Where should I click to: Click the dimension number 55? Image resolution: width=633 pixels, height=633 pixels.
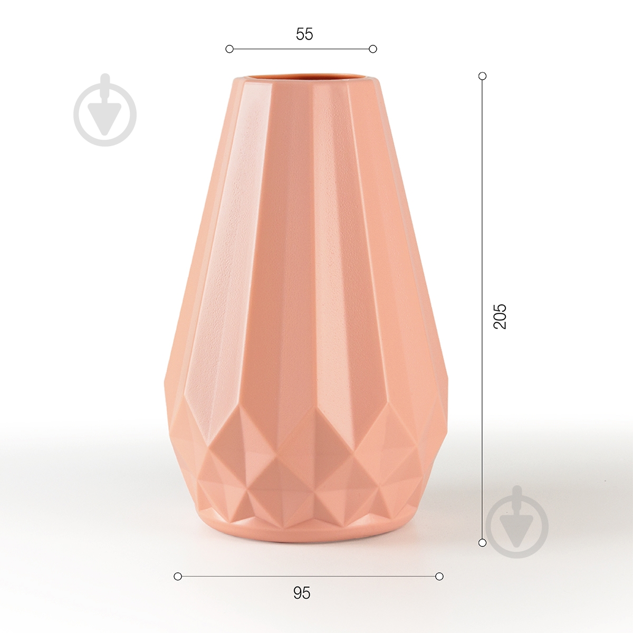tap(304, 34)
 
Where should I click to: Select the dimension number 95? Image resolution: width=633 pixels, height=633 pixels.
tap(302, 593)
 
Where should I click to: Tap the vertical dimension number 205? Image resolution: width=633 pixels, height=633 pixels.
tap(499, 316)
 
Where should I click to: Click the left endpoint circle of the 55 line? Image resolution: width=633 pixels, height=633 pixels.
tap(229, 49)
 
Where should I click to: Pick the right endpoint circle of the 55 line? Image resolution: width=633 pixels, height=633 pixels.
tap(373, 49)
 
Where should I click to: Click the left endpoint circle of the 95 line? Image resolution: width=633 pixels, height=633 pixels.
tap(178, 577)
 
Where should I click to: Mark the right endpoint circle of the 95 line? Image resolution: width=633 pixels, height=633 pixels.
tap(439, 577)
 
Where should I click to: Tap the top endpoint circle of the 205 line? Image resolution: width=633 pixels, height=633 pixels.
tap(482, 76)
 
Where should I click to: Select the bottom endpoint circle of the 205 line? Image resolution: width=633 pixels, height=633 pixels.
tap(482, 542)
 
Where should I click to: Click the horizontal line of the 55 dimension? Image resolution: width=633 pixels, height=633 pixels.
tap(301, 49)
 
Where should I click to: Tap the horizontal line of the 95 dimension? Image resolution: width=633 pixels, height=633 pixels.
tap(309, 577)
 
